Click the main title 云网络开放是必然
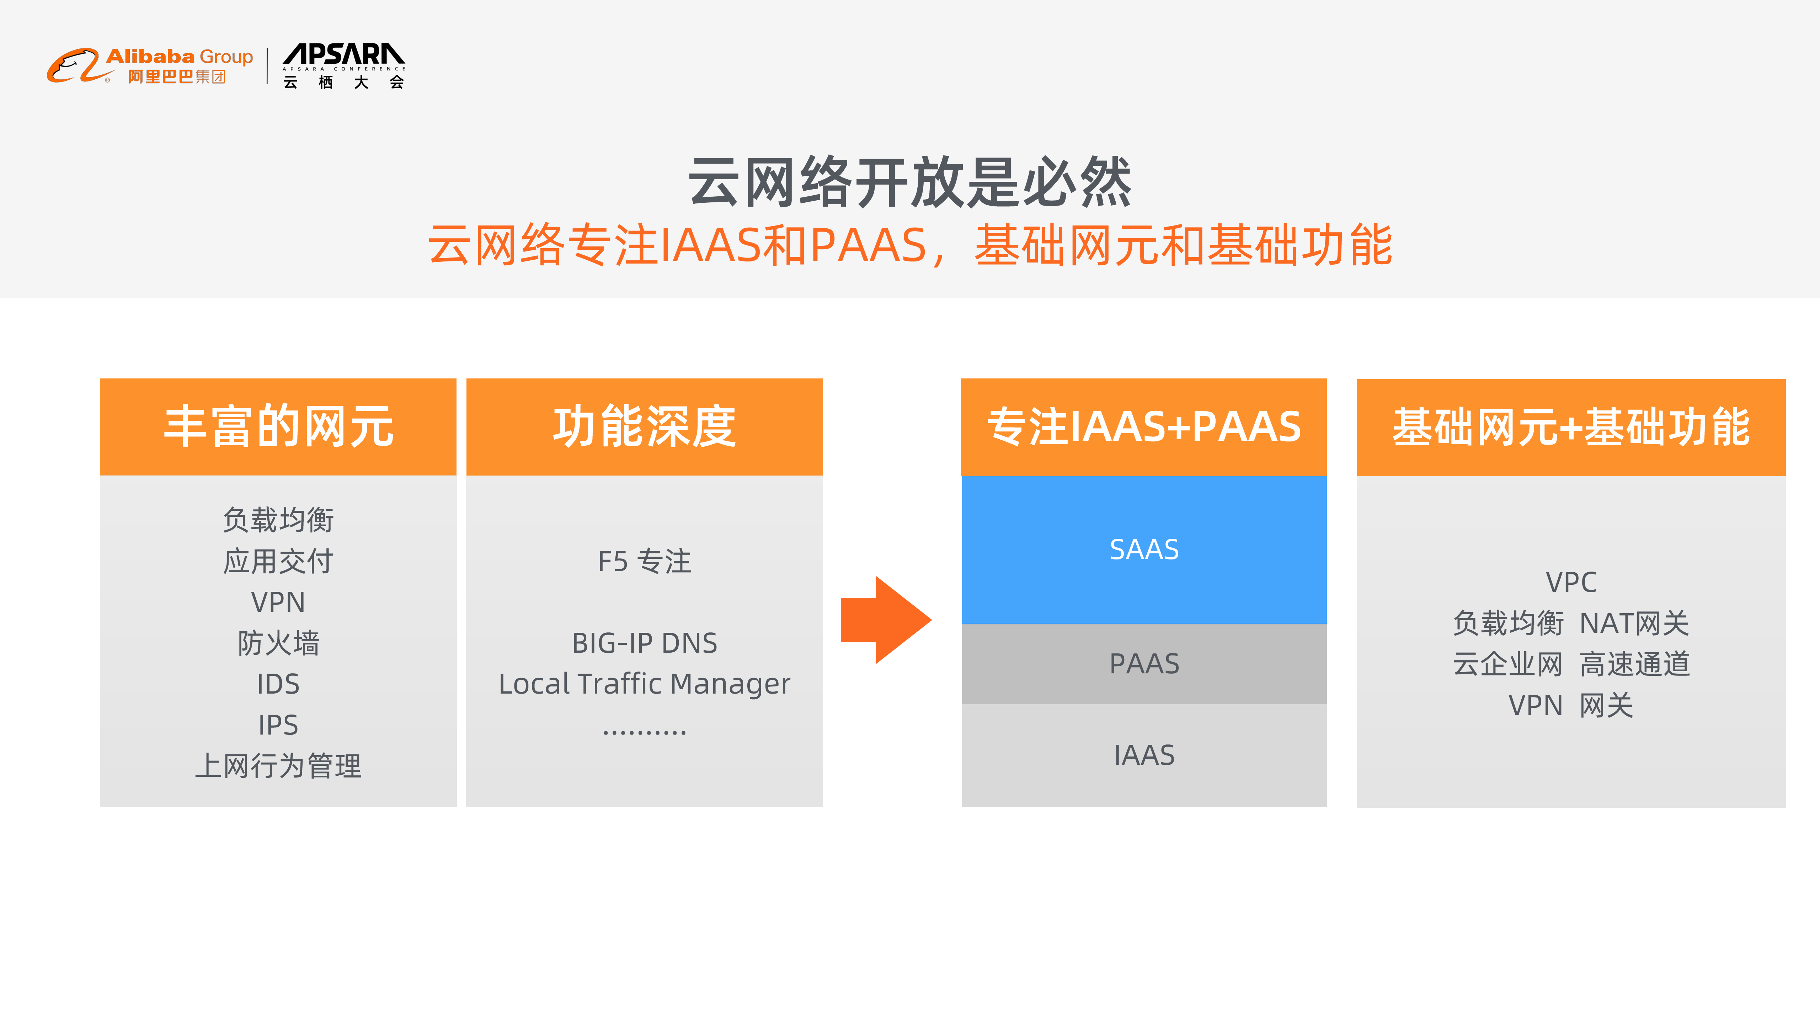pos(909,182)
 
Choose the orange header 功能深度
pos(644,427)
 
